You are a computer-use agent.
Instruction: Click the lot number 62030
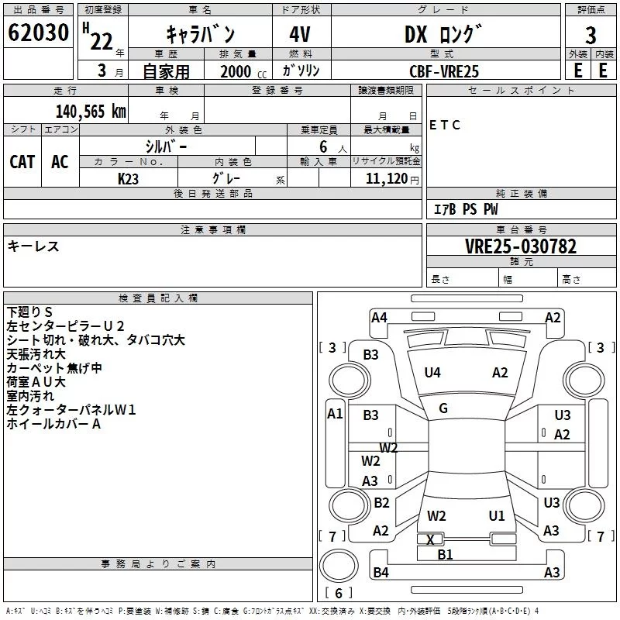click(38, 32)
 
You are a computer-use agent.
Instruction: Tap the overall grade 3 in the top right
click(591, 36)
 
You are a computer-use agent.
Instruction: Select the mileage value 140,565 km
click(91, 112)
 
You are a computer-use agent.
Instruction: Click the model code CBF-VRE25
click(444, 71)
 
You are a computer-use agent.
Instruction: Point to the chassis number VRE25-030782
click(521, 246)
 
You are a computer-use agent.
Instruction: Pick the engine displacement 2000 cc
click(243, 71)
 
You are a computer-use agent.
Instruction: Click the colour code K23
click(128, 179)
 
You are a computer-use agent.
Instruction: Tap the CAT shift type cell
click(22, 162)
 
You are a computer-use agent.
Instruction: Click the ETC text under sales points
click(444, 125)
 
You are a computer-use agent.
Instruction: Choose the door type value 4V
click(300, 34)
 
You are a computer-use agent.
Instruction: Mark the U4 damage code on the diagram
click(432, 373)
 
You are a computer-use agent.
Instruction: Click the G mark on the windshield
click(443, 408)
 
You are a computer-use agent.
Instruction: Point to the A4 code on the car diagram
click(379, 318)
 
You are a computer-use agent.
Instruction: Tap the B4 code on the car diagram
click(381, 572)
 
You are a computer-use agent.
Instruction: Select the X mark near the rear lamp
click(430, 539)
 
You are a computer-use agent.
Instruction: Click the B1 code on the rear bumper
click(445, 554)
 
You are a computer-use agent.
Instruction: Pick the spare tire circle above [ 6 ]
click(339, 566)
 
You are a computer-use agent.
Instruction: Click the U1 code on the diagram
click(497, 515)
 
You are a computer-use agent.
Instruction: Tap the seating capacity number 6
click(323, 146)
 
